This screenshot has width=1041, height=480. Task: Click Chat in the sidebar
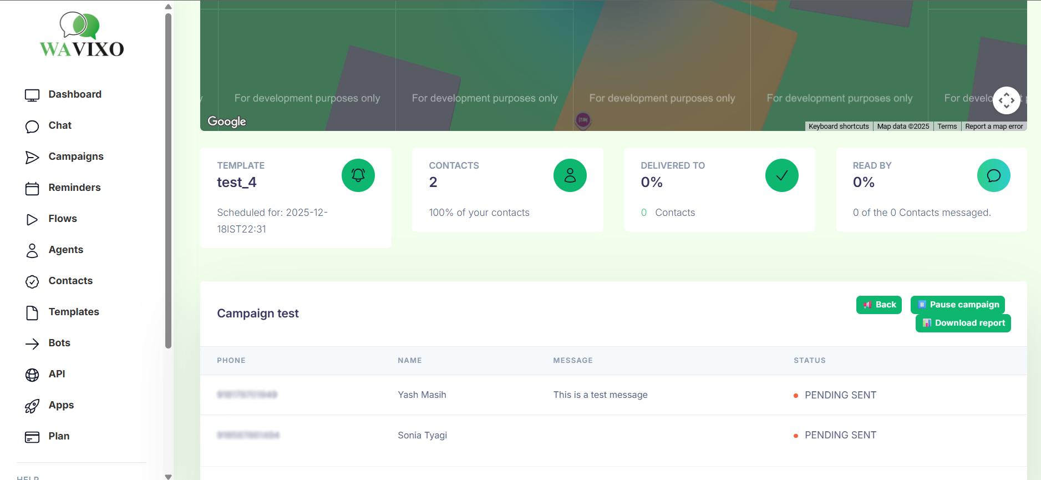(60, 125)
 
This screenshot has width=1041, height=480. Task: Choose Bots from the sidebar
(59, 343)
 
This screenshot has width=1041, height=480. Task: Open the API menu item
(57, 374)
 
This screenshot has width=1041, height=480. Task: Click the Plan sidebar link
(58, 436)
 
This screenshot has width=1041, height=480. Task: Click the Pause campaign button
(957, 305)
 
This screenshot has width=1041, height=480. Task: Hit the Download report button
(963, 323)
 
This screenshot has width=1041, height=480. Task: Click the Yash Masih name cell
(422, 395)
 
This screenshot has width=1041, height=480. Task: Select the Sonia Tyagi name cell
(422, 436)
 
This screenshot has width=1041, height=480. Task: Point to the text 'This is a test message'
(600, 395)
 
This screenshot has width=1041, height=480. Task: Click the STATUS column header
(809, 361)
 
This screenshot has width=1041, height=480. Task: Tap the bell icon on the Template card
(358, 175)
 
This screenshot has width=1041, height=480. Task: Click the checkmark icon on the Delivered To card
(781, 175)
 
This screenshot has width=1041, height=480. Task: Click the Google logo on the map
(227, 122)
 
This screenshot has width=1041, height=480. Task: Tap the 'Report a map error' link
(994, 127)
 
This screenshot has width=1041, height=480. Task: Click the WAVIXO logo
(82, 35)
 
